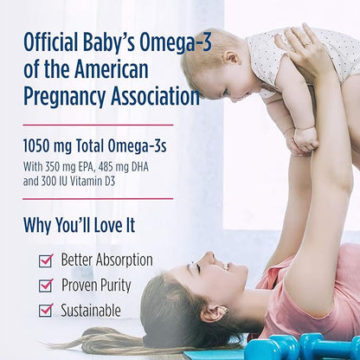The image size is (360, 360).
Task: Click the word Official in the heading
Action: (x=53, y=41)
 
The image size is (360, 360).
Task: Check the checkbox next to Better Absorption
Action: (x=46, y=260)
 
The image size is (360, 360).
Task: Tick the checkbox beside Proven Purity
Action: (x=46, y=286)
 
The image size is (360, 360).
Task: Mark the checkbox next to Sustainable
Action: (x=46, y=311)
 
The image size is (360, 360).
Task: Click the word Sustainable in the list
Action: (x=91, y=310)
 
